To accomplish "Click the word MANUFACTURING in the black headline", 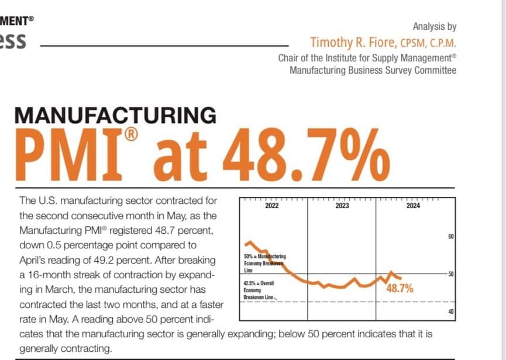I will [115, 115].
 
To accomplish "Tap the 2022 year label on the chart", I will [272, 206].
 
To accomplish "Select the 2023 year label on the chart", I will [342, 206].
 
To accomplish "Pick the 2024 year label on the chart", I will [412, 206].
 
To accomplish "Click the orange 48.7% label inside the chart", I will [400, 288].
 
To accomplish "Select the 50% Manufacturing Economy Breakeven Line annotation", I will [263, 264].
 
